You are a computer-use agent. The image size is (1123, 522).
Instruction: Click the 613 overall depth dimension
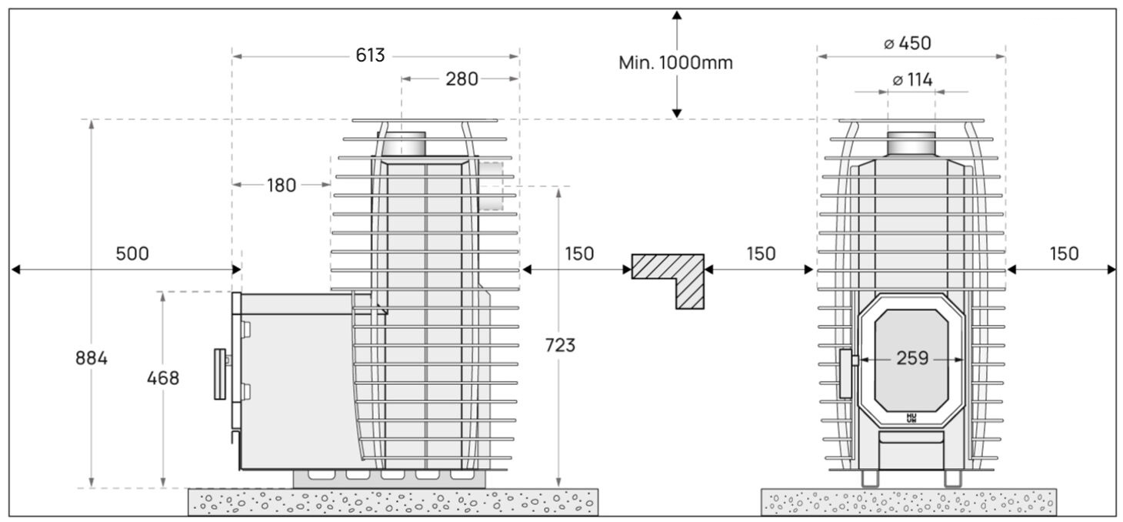pos(371,56)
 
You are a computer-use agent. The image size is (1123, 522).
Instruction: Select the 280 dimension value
pos(462,79)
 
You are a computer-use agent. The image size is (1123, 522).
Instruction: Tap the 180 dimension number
pos(281,185)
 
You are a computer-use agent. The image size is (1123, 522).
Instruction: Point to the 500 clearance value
pos(132,253)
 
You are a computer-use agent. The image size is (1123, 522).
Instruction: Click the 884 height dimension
pos(92,358)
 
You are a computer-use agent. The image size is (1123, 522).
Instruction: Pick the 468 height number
pos(163,378)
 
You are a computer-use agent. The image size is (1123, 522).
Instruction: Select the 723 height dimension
pos(560,346)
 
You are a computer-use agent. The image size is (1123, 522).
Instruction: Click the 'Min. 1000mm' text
pos(675,63)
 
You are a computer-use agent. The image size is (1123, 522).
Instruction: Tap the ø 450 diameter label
pos(908,44)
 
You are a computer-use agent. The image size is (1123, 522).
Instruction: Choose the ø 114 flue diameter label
pos(912,80)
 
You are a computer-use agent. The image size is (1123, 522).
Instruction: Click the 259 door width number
pos(912,359)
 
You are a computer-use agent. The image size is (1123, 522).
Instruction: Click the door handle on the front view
pos(847,373)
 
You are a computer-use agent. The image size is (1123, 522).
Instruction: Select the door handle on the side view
pos(221,373)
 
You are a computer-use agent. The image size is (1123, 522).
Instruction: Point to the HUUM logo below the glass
pos(912,418)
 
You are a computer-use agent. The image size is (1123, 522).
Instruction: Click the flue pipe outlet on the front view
pos(911,144)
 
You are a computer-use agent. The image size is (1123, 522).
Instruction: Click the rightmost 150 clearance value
pos(1064,253)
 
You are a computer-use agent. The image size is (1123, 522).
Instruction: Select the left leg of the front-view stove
pos(869,478)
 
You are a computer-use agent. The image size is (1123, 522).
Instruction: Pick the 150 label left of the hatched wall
pos(579,253)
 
